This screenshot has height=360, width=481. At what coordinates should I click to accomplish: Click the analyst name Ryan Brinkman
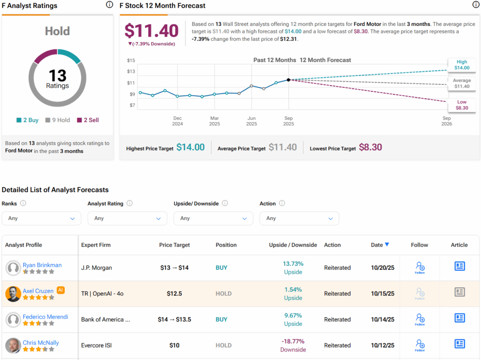[42, 265]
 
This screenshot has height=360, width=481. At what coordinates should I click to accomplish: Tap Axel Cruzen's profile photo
[13, 294]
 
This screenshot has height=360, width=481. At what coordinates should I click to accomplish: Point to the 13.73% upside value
[293, 264]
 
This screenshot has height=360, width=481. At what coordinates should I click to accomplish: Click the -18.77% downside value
[293, 341]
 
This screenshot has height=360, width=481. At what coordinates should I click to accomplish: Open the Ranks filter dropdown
[41, 218]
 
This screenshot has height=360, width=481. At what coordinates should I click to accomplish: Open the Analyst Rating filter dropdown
[127, 218]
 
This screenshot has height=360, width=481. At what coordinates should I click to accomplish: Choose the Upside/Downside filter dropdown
[213, 218]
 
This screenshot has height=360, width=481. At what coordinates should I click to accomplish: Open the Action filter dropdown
[299, 218]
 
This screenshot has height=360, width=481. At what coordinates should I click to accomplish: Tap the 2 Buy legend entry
[28, 120]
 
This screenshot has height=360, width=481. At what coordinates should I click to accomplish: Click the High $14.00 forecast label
[461, 65]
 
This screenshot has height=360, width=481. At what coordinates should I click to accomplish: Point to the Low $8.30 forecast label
[461, 105]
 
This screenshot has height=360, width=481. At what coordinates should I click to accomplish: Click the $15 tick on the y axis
[131, 61]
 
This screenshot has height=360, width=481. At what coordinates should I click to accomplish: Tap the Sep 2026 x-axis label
[446, 121]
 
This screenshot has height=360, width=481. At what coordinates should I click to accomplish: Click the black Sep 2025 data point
[288, 80]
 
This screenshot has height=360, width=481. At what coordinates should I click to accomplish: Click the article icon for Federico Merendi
[459, 318]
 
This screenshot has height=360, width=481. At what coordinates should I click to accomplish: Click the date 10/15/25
[382, 294]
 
